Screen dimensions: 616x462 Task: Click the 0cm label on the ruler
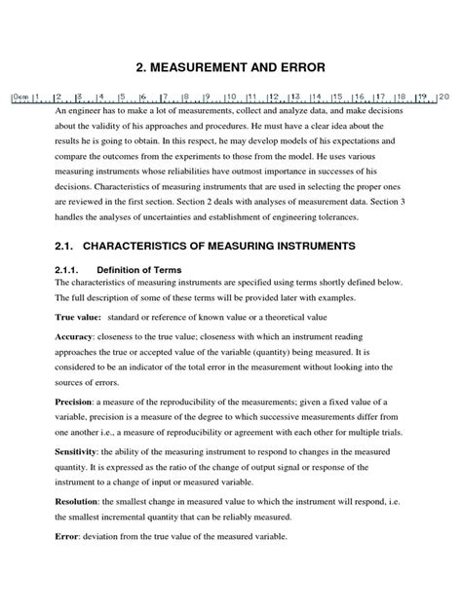click(x=19, y=97)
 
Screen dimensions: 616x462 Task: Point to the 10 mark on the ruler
click(x=229, y=97)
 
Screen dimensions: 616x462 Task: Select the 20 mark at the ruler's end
click(x=443, y=97)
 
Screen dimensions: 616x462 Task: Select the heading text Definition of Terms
click(x=156, y=269)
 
